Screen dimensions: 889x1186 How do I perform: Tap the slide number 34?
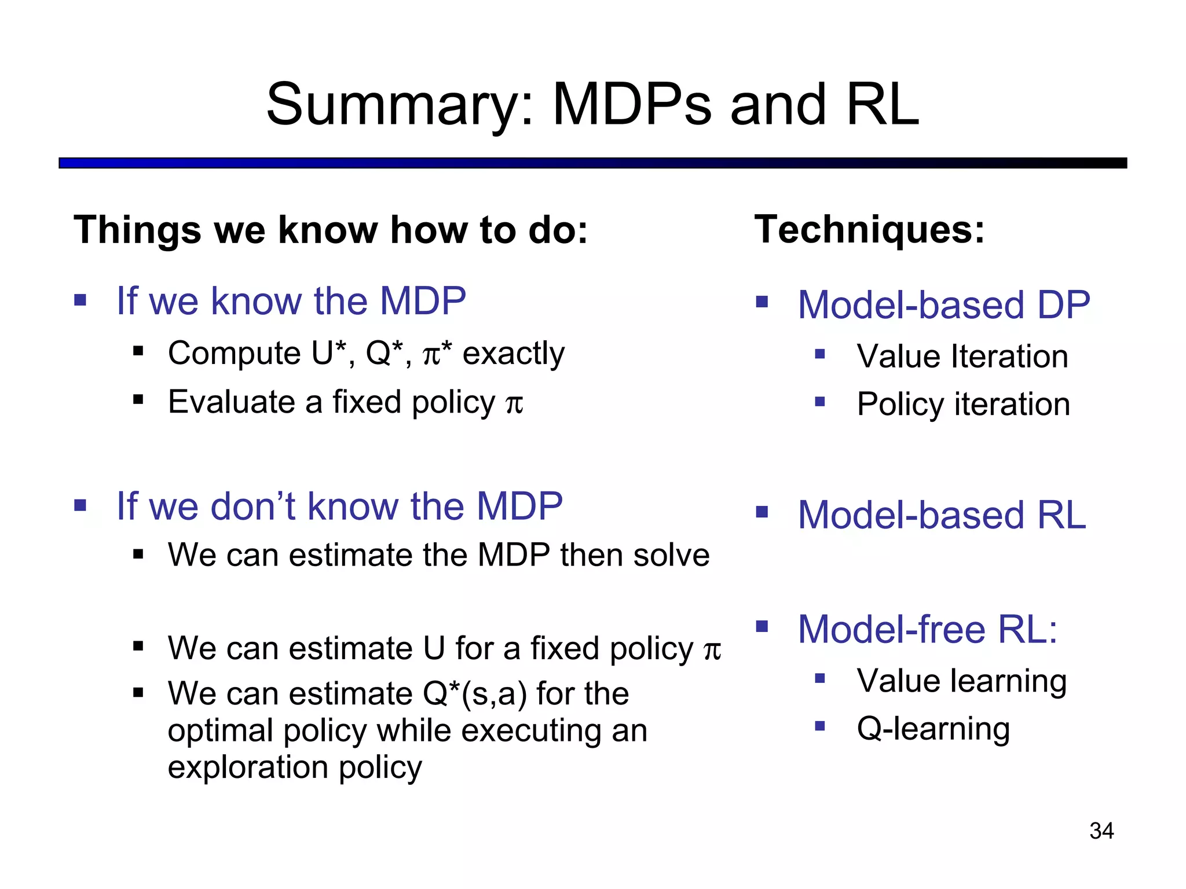click(1101, 831)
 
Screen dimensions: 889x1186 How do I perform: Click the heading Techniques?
click(869, 230)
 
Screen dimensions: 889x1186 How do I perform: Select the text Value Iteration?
click(962, 356)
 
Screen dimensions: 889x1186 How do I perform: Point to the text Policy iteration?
click(963, 404)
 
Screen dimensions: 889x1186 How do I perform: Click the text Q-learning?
click(933, 728)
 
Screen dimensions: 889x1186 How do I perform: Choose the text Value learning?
click(961, 681)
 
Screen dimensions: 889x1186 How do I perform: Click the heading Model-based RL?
click(941, 515)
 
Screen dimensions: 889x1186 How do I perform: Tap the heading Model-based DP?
click(943, 304)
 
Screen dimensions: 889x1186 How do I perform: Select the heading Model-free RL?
click(927, 629)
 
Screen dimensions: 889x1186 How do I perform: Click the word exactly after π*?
click(513, 354)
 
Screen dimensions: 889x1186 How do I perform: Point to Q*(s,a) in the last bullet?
click(475, 693)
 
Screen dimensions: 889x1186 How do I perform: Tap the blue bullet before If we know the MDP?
click(80, 300)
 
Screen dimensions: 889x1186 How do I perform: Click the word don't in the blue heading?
click(254, 506)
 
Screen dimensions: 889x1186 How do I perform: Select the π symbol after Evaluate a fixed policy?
click(514, 403)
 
